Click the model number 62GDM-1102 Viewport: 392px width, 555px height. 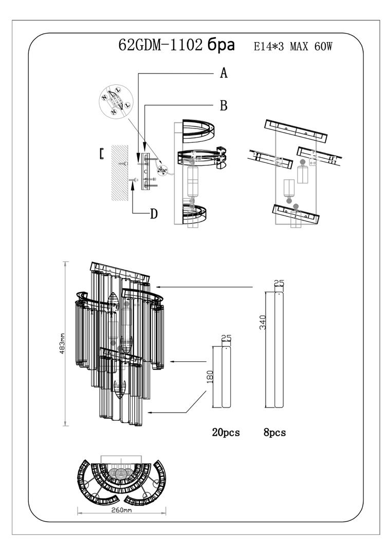click(160, 46)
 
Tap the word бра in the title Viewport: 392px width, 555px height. click(221, 46)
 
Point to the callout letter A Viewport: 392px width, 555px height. click(223, 73)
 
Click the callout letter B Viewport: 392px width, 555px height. click(223, 106)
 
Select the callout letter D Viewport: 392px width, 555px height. click(154, 213)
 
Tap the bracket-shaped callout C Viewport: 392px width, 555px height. click(102, 153)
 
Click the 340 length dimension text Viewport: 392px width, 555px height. click(263, 322)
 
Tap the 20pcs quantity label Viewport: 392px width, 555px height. click(226, 432)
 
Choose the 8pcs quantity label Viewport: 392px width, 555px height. click(274, 432)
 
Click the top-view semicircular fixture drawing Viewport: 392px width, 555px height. click(122, 481)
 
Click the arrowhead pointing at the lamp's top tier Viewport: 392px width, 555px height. click(159, 286)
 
